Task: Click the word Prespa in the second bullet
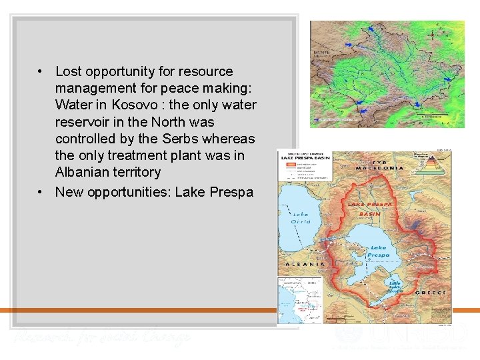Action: point(231,192)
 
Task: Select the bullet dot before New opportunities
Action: point(41,192)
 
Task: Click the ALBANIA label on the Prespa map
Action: point(305,264)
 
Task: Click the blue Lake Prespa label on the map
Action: point(378,251)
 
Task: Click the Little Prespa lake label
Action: point(395,286)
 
